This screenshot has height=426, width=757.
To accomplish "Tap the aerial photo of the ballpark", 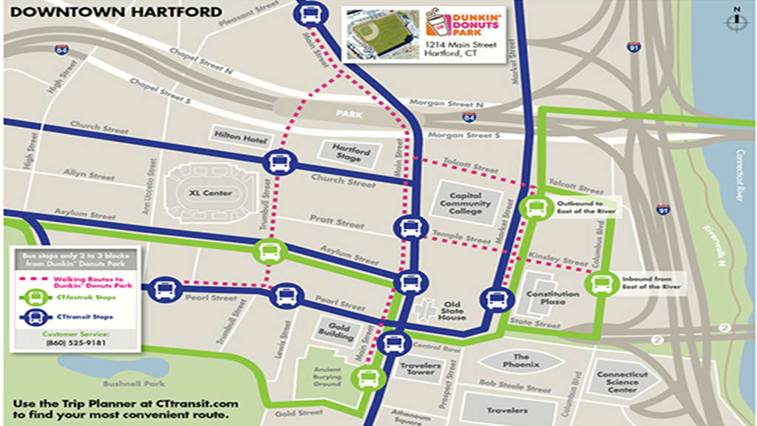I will tap(382, 35).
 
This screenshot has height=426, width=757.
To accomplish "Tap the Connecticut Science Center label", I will tap(623, 381).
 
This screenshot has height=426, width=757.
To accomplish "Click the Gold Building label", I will tap(335, 331).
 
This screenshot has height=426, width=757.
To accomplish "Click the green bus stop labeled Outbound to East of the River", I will tap(534, 208).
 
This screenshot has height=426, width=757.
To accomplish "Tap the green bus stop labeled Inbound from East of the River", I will tap(599, 283).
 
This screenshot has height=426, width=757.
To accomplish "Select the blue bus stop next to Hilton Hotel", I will tap(279, 162).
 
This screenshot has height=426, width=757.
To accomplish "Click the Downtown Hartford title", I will tap(117, 12).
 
